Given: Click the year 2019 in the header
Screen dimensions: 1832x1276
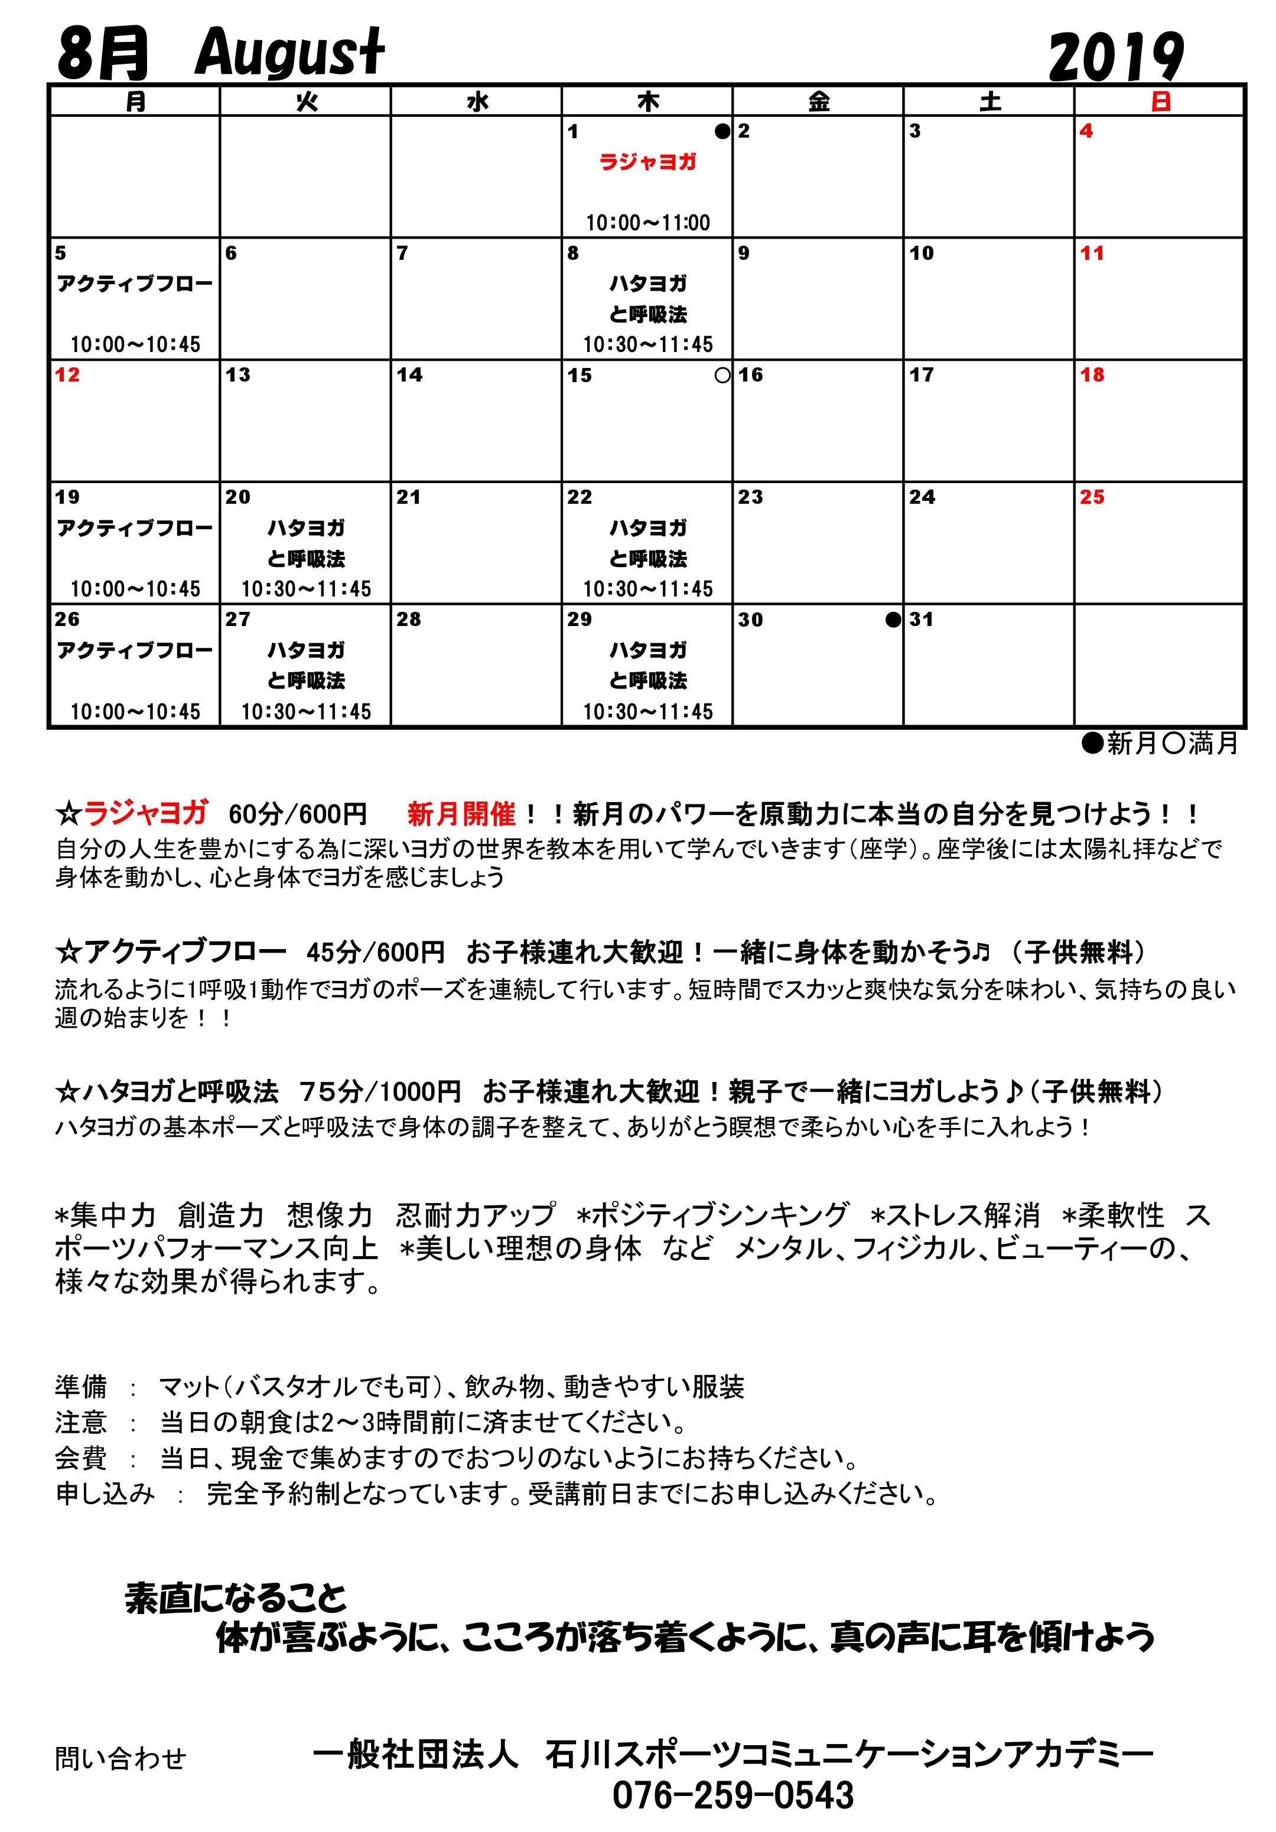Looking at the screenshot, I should click(1115, 57).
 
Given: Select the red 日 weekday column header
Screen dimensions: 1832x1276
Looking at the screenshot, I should click(1160, 102).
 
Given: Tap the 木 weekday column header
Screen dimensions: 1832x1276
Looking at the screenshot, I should click(647, 102).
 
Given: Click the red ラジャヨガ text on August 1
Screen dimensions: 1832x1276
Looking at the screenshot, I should click(647, 162).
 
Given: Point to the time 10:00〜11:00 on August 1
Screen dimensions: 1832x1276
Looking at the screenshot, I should click(647, 223).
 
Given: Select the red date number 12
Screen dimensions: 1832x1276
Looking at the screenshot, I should click(67, 375).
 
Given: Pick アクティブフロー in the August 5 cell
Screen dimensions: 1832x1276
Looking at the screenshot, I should click(135, 284).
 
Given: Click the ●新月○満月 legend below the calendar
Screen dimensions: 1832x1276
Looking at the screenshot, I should click(1158, 744).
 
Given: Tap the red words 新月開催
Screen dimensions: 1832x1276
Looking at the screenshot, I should click(461, 814).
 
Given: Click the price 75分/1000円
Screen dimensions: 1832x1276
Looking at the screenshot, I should click(380, 1091).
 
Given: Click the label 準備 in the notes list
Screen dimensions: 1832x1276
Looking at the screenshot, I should click(80, 1387).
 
